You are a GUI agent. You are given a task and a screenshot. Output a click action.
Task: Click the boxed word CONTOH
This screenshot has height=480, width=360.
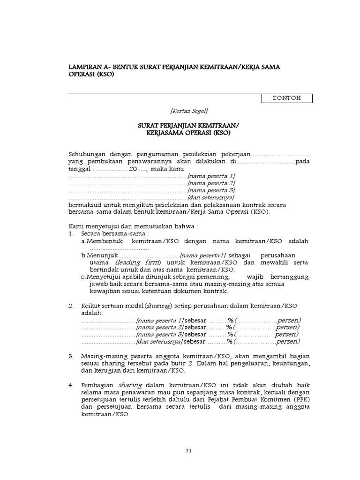pyautogui.click(x=286, y=98)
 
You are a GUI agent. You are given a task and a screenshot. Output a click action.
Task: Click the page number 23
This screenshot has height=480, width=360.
pyautogui.click(x=189, y=451)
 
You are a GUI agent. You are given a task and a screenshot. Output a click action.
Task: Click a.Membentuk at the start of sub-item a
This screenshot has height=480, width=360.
pyautogui.click(x=100, y=241)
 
